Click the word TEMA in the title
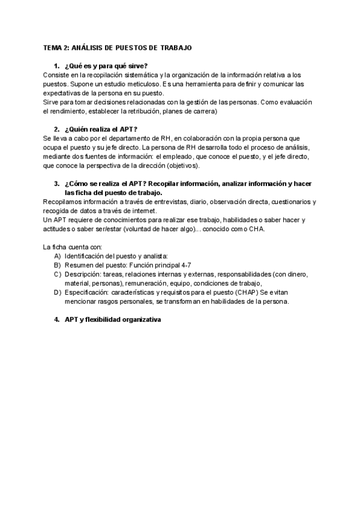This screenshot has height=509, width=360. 52,47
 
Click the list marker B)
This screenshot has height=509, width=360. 58,265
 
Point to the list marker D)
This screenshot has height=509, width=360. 58,292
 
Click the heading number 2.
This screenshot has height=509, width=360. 56,129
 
